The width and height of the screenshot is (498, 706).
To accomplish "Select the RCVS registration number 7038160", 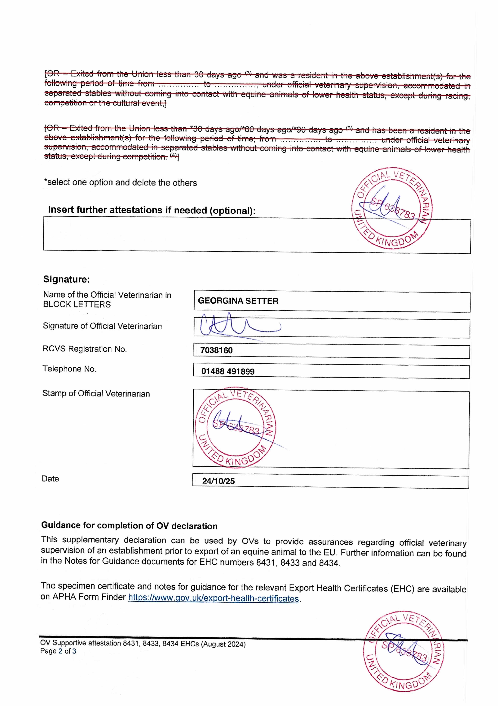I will pyautogui.click(x=217, y=350).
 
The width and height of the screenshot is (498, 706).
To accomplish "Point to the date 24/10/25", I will pyautogui.click(x=218, y=481).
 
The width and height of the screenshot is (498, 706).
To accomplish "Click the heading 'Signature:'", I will pyautogui.click(x=66, y=279).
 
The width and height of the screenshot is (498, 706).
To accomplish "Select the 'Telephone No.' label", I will pyautogui.click(x=69, y=369).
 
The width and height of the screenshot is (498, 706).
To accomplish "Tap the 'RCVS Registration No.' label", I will pyautogui.click(x=85, y=349).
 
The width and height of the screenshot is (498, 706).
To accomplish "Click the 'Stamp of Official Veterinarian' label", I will pyautogui.click(x=96, y=394).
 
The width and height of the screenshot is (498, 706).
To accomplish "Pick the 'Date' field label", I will pyautogui.click(x=50, y=479).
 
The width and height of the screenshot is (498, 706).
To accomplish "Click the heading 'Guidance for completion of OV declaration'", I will pyautogui.click(x=129, y=526).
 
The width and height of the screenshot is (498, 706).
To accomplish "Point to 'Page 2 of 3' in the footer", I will pyautogui.click(x=58, y=651).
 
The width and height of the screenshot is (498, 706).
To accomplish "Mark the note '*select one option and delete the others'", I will pyautogui.click(x=120, y=182).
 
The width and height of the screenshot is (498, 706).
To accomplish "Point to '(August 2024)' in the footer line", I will pyautogui.click(x=223, y=644).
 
